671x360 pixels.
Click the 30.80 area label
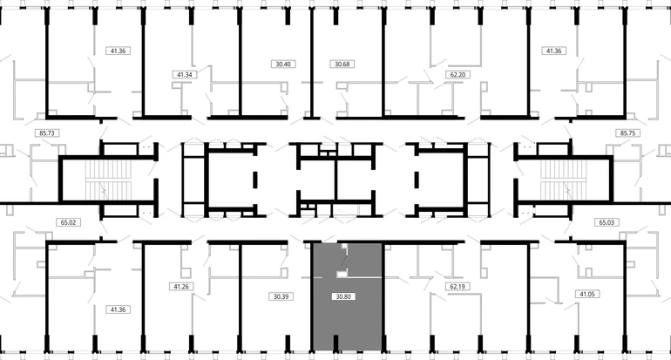coord(343,296)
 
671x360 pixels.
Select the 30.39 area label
coord(281,296)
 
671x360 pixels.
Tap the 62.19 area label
coord(457,287)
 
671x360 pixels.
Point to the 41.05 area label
coord(586,294)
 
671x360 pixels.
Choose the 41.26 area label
coord(181,287)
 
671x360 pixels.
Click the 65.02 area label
coord(68,222)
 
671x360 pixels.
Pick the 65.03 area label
coord(607,222)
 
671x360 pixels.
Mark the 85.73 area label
coord(47,133)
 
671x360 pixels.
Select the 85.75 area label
coord(627,133)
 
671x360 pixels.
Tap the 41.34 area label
coord(185,74)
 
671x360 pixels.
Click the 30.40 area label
coord(283,65)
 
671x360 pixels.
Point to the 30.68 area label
coord(342,65)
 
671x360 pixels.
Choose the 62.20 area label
coord(457,74)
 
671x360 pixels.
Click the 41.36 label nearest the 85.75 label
coord(553,51)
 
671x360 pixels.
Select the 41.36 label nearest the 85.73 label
coord(119,51)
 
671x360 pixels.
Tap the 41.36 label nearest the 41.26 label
coord(119,309)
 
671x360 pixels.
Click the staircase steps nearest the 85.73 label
coord(108,180)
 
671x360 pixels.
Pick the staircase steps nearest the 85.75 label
coord(562,180)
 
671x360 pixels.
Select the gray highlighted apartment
coord(348,296)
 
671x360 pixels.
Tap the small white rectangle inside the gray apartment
coord(342,274)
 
